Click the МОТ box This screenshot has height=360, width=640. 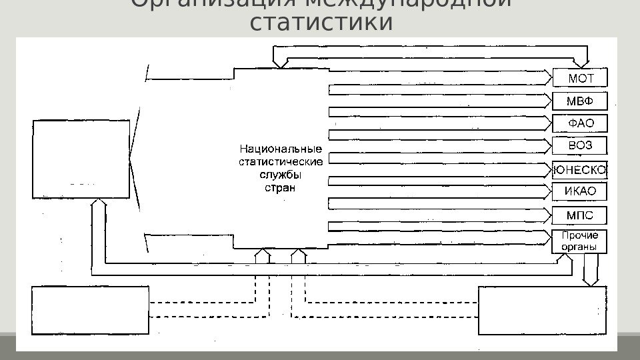pyautogui.click(x=580, y=79)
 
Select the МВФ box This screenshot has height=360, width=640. pyautogui.click(x=580, y=102)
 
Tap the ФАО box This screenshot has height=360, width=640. pyautogui.click(x=580, y=124)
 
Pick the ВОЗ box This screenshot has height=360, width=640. pyautogui.click(x=580, y=146)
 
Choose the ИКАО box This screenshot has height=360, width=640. pyautogui.click(x=580, y=193)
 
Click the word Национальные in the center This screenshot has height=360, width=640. pyautogui.click(x=280, y=149)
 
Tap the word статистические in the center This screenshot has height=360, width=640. pyautogui.click(x=280, y=162)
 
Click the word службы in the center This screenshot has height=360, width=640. pyautogui.click(x=280, y=175)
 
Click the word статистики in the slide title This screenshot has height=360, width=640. pyautogui.click(x=320, y=23)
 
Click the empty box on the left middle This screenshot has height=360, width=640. pyautogui.click(x=81, y=159)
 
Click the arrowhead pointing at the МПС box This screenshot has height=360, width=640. pyautogui.click(x=546, y=216)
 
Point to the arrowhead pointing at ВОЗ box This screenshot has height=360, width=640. pyautogui.click(x=546, y=146)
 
